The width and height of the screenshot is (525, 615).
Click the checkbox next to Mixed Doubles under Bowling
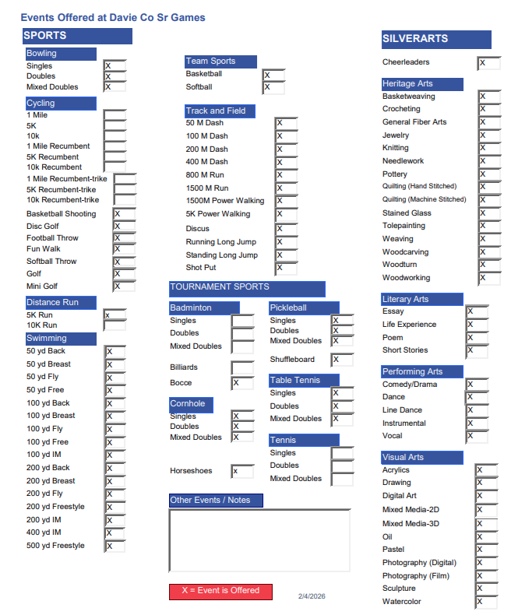pos(115,87)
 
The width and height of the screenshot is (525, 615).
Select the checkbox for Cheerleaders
pos(488,63)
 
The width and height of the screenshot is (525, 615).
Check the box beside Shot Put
pos(285,268)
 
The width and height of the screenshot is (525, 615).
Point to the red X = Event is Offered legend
pos(220,591)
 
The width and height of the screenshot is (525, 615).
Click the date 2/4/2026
pos(312,596)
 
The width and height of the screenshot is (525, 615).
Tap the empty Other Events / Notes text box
pos(259,540)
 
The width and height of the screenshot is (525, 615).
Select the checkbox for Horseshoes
pos(241,471)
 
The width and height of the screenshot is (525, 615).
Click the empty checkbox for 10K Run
pos(115,325)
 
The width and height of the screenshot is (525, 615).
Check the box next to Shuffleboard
pos(342,360)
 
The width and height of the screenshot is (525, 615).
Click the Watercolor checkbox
pos(485,602)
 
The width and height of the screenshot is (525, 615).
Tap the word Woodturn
pos(400,265)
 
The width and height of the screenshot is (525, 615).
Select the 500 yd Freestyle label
pos(55,546)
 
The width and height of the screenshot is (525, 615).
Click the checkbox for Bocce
pos(241,383)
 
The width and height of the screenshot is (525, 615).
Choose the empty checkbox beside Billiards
pos(241,367)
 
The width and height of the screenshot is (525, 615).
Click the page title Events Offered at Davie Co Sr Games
pos(113,17)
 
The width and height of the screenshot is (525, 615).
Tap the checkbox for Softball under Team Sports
pos(273,87)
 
